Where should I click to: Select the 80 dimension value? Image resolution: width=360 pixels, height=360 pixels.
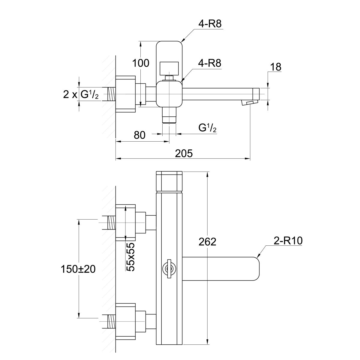(x=139, y=135)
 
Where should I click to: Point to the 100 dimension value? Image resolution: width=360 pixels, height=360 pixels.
(x=141, y=63)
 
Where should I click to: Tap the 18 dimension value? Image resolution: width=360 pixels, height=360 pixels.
(x=276, y=67)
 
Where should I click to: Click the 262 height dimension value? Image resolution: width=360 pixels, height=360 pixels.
(x=208, y=241)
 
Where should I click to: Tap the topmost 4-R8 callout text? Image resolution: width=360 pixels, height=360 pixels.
(x=210, y=24)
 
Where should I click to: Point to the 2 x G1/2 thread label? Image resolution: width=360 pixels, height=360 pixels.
(x=81, y=94)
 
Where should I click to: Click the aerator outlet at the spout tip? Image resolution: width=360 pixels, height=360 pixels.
(x=250, y=103)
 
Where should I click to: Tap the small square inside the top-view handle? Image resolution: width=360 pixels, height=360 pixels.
(x=169, y=67)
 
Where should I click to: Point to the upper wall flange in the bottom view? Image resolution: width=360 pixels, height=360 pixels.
(x=126, y=222)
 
